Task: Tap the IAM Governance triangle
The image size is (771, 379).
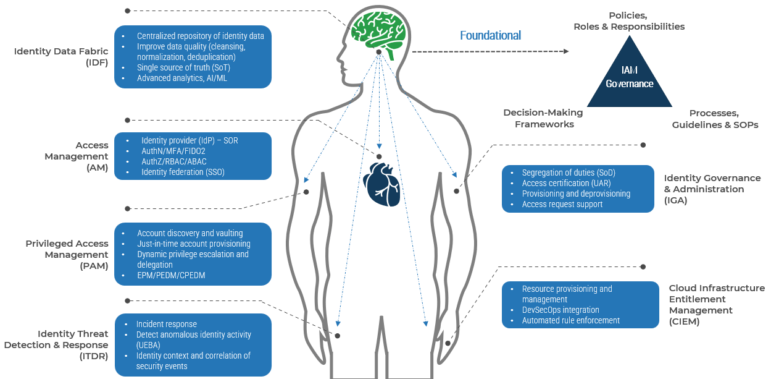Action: coord(629,77)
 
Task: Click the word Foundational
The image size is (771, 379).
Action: coord(490,36)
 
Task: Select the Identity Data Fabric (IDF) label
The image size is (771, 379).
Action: coord(61,57)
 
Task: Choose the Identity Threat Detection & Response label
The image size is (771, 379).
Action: coord(56,345)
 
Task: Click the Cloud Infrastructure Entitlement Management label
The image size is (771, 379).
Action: coord(717,304)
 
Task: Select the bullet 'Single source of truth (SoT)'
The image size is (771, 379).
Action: coord(176,67)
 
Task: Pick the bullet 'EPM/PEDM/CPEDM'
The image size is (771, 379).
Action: coord(171,275)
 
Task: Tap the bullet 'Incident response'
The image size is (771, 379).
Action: coord(167,324)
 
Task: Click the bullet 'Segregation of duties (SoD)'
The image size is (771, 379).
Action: coord(569,173)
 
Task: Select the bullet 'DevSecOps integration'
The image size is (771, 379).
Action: coord(561,310)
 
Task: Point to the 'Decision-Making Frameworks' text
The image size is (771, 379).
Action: coord(543,119)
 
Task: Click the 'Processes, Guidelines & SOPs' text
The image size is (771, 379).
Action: coord(715,119)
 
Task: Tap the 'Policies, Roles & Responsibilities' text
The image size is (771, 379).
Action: coord(629,21)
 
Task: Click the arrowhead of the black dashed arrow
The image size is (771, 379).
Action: coord(565,52)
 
